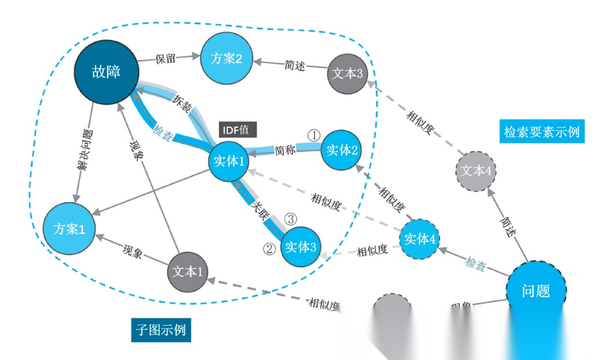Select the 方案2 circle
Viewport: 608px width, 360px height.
click(227, 58)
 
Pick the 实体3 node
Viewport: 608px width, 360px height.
click(301, 246)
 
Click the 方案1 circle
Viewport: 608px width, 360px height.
click(69, 229)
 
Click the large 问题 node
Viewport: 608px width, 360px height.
click(535, 291)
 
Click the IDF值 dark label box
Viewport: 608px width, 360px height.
click(238, 129)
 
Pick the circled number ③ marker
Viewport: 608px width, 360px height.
click(290, 218)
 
